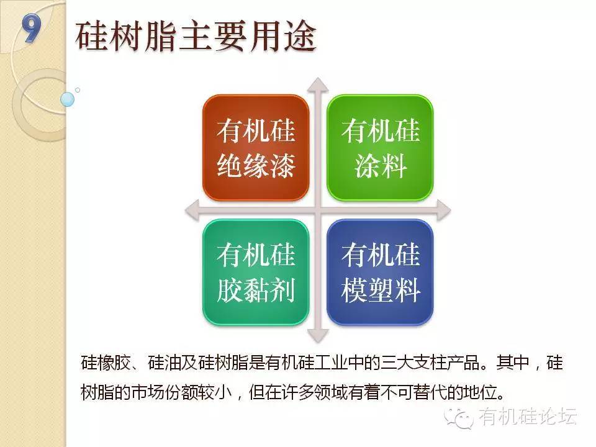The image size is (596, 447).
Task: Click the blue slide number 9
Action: tap(31, 27)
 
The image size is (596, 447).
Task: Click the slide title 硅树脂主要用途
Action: tap(196, 36)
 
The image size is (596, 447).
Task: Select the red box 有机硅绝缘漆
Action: tap(256, 148)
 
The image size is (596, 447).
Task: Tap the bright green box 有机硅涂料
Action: tap(380, 148)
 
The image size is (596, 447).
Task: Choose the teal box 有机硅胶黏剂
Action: tap(256, 272)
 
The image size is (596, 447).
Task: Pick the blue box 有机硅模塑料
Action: tap(380, 272)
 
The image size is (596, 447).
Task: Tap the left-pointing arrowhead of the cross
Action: tap(192, 210)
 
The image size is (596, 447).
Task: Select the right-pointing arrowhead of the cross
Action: tap(443, 210)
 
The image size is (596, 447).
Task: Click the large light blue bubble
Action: tap(67, 99)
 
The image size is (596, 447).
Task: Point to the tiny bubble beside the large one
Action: tap(78, 90)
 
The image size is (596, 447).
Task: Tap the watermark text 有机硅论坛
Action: tap(528, 417)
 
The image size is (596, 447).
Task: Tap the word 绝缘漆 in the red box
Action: tap(256, 165)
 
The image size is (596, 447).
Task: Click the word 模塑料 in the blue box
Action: tap(381, 290)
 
